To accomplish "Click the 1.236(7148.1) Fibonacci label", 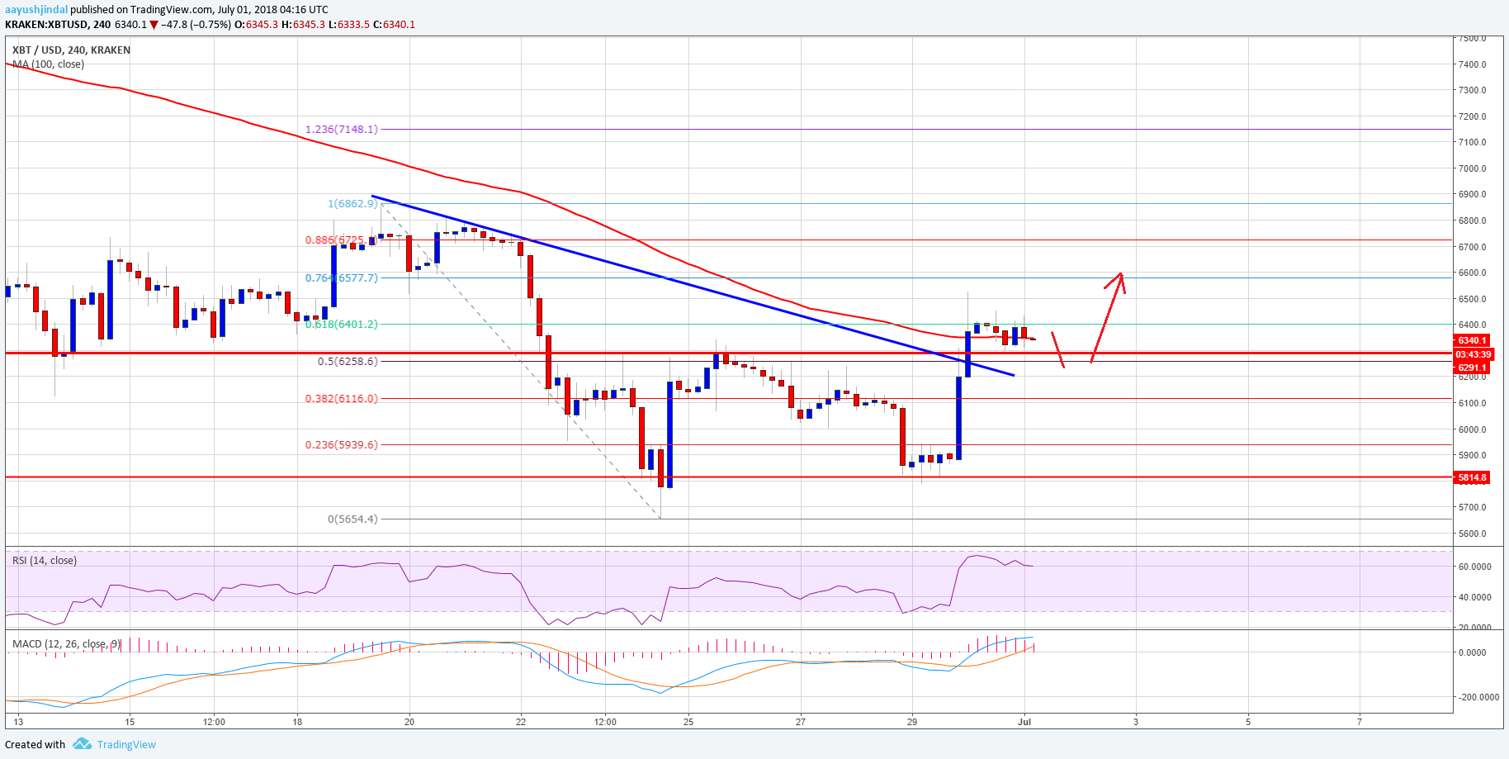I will pos(342,129).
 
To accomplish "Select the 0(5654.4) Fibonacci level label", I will pos(352,519).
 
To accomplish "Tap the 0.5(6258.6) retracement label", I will pos(348,361).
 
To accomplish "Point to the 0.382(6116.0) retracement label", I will pos(342,398).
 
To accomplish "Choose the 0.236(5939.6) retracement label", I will pos(342,444).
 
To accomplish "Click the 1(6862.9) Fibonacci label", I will pos(352,203).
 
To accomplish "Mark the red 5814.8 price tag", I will pos(1472,477).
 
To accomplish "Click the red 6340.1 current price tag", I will pos(1472,340).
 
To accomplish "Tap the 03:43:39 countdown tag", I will pos(1473,354).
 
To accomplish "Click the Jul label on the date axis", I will pos(1024,722).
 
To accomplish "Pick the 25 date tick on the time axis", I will pos(688,722).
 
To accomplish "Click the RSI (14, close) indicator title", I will pos(45,561).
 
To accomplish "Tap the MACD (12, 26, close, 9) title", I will pos(66,643).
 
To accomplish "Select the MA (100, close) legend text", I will pos(48,64).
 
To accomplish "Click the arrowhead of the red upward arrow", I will pos(1119,275).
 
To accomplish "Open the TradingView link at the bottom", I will pos(125,744).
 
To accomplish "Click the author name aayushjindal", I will pos(36,10).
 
